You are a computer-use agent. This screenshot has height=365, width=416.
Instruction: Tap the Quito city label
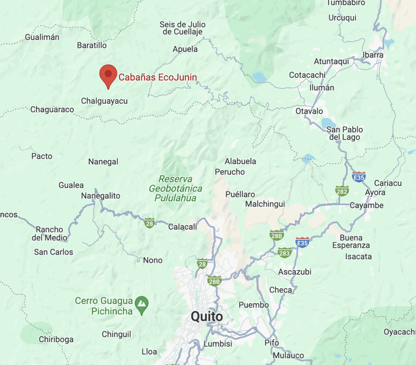pos(207,317)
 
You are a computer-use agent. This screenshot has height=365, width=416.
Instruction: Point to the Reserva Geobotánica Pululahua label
pos(175,189)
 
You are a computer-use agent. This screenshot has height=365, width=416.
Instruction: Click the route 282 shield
pos(342,190)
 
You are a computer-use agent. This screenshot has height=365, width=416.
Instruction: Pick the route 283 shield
pos(285,253)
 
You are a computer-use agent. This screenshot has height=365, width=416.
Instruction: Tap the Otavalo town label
pos(309,111)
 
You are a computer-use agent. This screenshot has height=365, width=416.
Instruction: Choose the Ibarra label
pos(374,55)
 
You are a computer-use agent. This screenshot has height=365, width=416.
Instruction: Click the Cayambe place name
pos(367,205)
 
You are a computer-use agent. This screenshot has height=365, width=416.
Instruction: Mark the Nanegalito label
pos(101,196)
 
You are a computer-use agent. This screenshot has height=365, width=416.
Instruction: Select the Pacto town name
pos(42,156)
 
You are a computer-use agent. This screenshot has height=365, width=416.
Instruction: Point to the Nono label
pos(153,260)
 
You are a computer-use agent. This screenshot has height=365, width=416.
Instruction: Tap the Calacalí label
pos(182,227)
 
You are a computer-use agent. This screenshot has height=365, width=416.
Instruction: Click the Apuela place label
pos(185,49)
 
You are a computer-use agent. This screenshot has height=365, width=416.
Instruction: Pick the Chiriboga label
pos(56,339)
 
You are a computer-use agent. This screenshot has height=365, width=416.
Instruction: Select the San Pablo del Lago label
pos(345,133)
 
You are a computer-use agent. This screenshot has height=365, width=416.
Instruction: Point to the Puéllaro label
pos(240,194)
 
